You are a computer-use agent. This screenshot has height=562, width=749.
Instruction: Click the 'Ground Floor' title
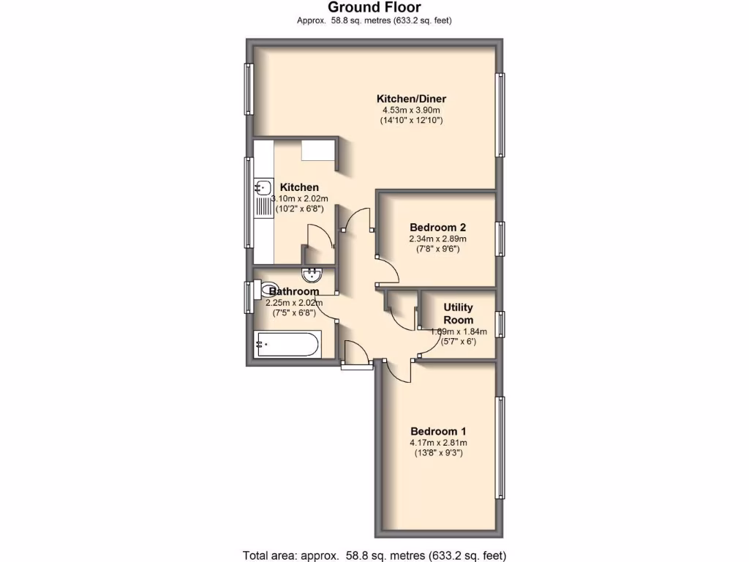point(374,8)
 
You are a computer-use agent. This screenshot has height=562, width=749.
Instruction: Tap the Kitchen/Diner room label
point(411,99)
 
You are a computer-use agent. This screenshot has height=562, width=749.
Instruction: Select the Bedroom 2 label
point(437,227)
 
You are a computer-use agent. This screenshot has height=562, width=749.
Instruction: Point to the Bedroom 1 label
point(438,431)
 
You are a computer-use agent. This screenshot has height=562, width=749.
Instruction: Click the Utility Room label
point(459,313)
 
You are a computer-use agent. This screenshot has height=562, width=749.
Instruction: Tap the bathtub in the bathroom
point(287,344)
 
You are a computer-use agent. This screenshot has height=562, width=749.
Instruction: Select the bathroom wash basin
point(315,274)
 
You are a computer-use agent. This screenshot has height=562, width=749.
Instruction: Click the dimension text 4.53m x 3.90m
point(411,110)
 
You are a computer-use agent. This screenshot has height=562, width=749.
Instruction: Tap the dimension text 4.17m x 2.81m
point(438,442)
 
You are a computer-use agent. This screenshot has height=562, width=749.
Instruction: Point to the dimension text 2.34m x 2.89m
point(437,239)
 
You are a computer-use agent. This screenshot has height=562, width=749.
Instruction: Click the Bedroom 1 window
point(500,446)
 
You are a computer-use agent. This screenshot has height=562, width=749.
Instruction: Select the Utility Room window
point(500,323)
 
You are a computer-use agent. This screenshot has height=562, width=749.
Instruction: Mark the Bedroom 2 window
point(500,239)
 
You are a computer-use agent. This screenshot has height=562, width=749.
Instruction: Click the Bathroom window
point(249,296)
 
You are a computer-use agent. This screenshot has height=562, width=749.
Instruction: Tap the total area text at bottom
point(374,555)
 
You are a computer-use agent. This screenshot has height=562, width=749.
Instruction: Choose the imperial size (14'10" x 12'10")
point(411,120)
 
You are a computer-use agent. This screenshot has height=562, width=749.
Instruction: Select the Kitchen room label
point(299,187)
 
